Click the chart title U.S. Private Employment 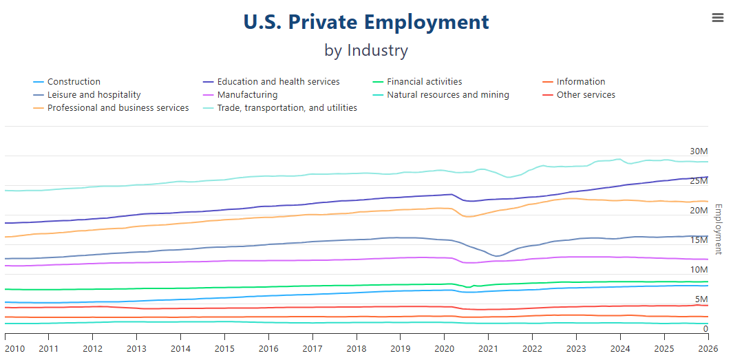[x=366, y=22]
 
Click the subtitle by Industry [x=366, y=50]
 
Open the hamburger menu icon [x=718, y=18]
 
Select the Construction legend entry [x=74, y=82]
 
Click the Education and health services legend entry [x=278, y=82]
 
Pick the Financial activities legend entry [x=424, y=82]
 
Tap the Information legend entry [x=581, y=82]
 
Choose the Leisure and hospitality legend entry [x=94, y=95]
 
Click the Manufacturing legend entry [x=247, y=95]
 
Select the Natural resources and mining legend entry [x=447, y=95]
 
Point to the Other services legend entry [x=586, y=95]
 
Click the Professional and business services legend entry [x=118, y=108]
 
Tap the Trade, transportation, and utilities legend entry [x=287, y=108]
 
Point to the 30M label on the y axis [x=699, y=151]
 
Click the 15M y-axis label [x=699, y=240]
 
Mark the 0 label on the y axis [x=705, y=329]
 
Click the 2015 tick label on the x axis [x=224, y=348]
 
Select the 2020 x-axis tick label [x=444, y=348]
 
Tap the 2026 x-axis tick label [x=708, y=348]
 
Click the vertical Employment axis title [x=719, y=229]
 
